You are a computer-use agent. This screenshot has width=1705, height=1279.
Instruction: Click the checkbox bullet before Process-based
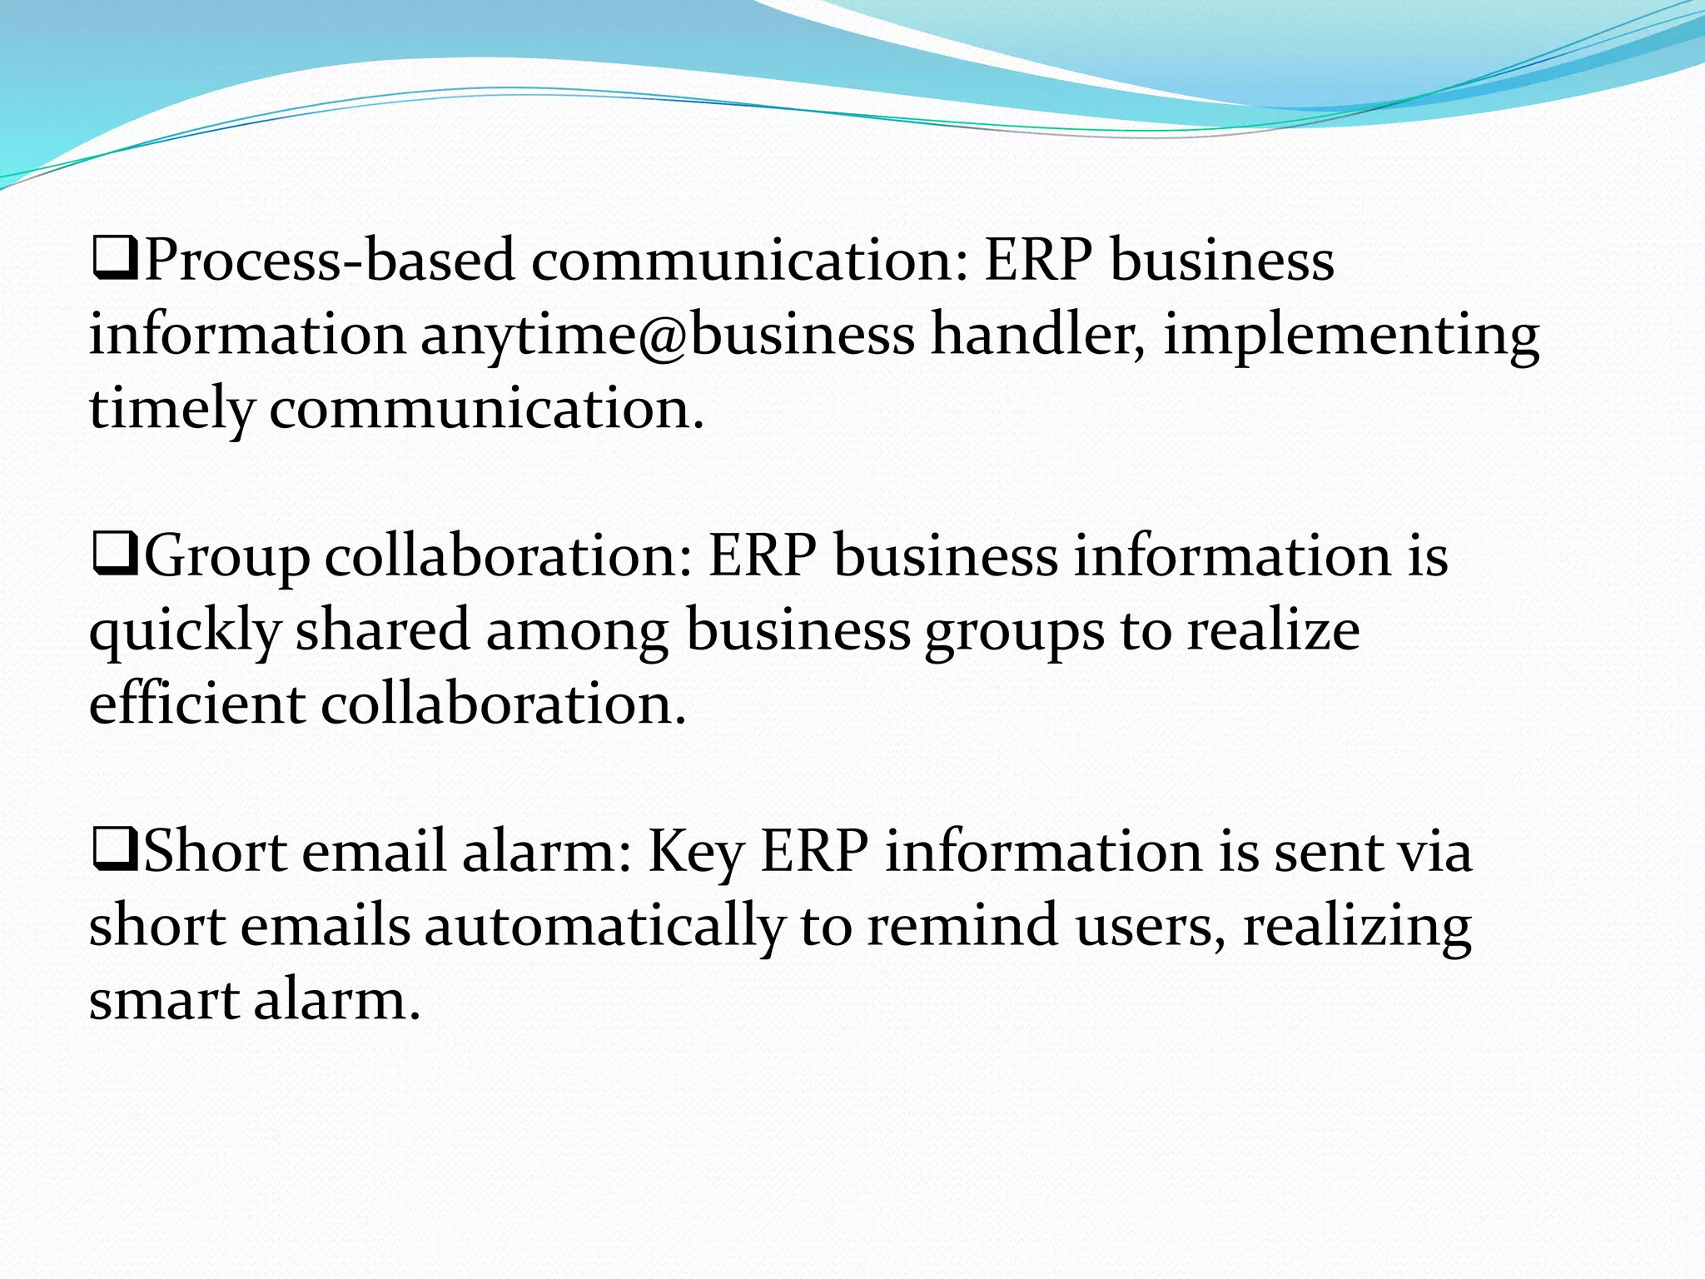115,259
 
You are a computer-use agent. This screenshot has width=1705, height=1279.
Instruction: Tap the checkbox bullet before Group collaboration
115,555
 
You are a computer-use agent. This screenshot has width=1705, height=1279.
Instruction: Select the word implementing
1351,335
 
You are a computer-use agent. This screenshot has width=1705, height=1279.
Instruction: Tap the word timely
171,410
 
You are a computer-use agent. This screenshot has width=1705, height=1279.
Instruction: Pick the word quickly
184,631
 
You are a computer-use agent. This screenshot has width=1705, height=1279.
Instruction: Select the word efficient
197,704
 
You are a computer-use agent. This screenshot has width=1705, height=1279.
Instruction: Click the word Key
696,853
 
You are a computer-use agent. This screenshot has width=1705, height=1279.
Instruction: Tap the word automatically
604,927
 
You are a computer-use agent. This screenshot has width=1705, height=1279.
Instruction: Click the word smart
164,1000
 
